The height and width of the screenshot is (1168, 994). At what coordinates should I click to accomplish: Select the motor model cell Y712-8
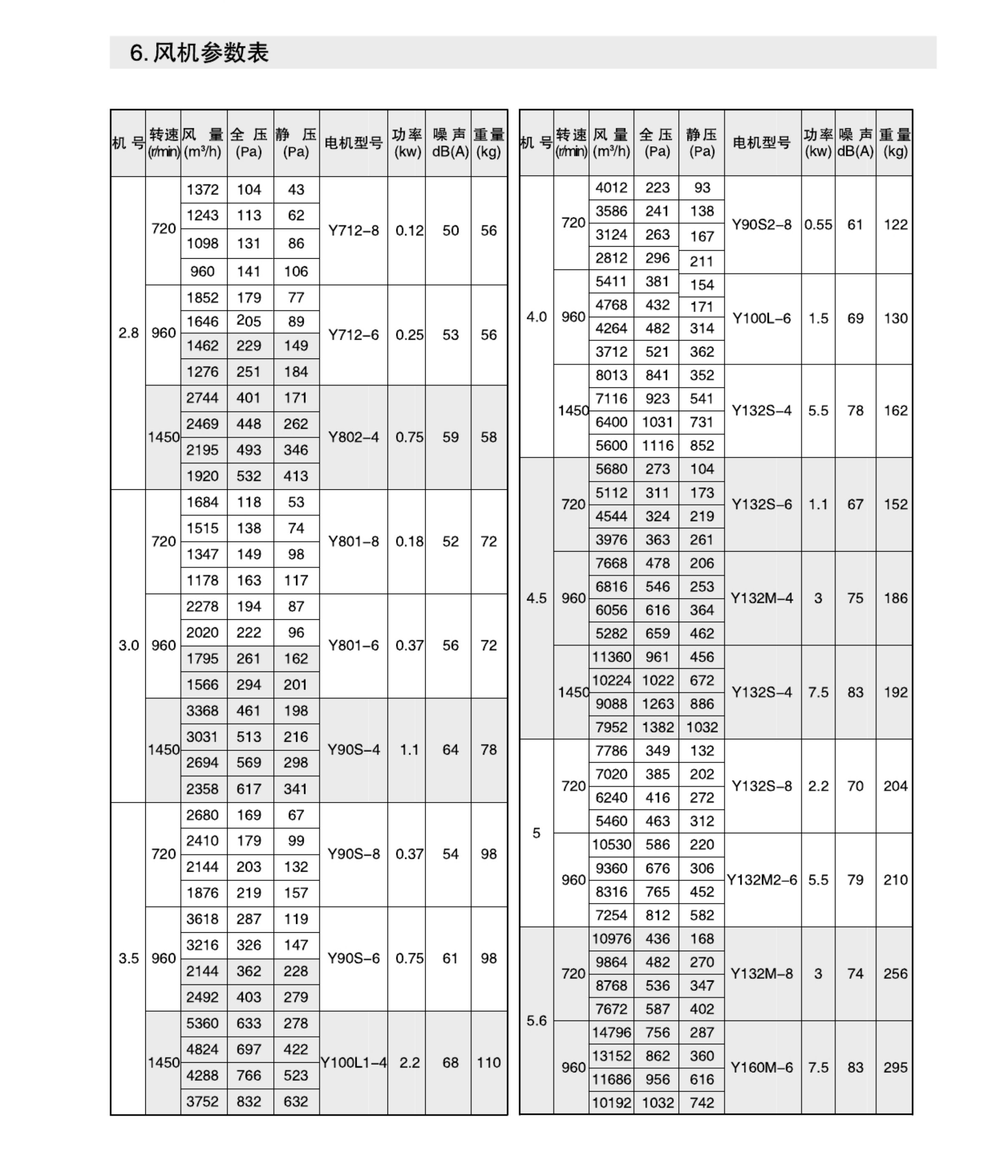[x=353, y=231]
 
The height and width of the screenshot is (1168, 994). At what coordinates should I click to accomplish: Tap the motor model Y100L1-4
[x=353, y=1063]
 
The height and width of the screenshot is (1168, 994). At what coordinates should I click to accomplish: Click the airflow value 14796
[x=611, y=1033]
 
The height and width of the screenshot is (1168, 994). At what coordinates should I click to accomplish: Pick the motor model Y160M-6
[x=762, y=1068]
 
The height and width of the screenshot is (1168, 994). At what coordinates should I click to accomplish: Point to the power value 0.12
[x=409, y=231]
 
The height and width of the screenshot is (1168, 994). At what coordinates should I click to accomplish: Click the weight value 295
[x=895, y=1068]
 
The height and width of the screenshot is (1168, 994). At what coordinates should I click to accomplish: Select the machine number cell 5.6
[x=536, y=1021]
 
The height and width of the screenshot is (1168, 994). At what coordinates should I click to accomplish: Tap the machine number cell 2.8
[x=129, y=333]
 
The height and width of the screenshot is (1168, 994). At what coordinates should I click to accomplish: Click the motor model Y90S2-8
[x=762, y=225]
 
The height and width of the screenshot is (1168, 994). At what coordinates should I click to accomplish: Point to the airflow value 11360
[x=611, y=657]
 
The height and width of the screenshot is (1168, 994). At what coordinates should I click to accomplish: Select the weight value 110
[x=489, y=1063]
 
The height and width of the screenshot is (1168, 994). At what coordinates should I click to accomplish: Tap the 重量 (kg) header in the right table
[x=895, y=143]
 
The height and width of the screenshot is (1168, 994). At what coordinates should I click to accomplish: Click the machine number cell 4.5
[x=536, y=598]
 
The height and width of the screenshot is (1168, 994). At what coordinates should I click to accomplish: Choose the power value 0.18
[x=409, y=542]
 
